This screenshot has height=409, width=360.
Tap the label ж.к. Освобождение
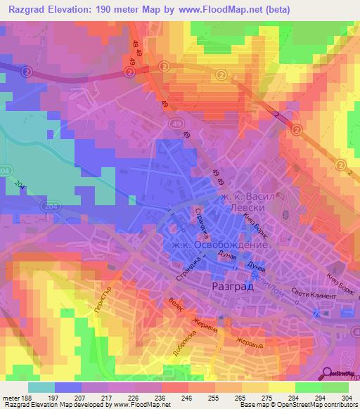[219, 246]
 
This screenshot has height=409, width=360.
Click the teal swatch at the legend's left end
[41, 388]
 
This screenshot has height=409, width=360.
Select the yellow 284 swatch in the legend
[282, 388]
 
